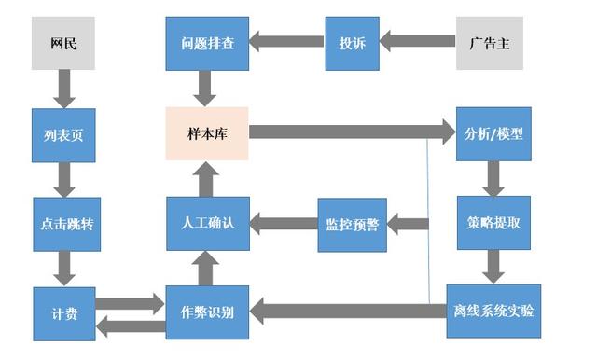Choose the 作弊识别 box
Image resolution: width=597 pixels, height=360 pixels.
point(207,312)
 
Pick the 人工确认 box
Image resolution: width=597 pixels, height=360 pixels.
point(207,224)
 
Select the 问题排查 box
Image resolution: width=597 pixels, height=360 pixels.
point(207,43)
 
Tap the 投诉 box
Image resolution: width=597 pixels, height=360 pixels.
point(352,43)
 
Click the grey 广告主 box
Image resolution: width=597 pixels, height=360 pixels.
point(489,43)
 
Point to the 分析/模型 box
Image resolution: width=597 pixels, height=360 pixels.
point(493,133)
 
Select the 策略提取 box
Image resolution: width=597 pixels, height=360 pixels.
point(493,223)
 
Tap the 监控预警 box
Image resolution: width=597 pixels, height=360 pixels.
point(352,224)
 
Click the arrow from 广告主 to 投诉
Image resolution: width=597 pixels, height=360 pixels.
point(417,42)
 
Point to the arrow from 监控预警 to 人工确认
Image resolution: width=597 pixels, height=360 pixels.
point(284,223)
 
